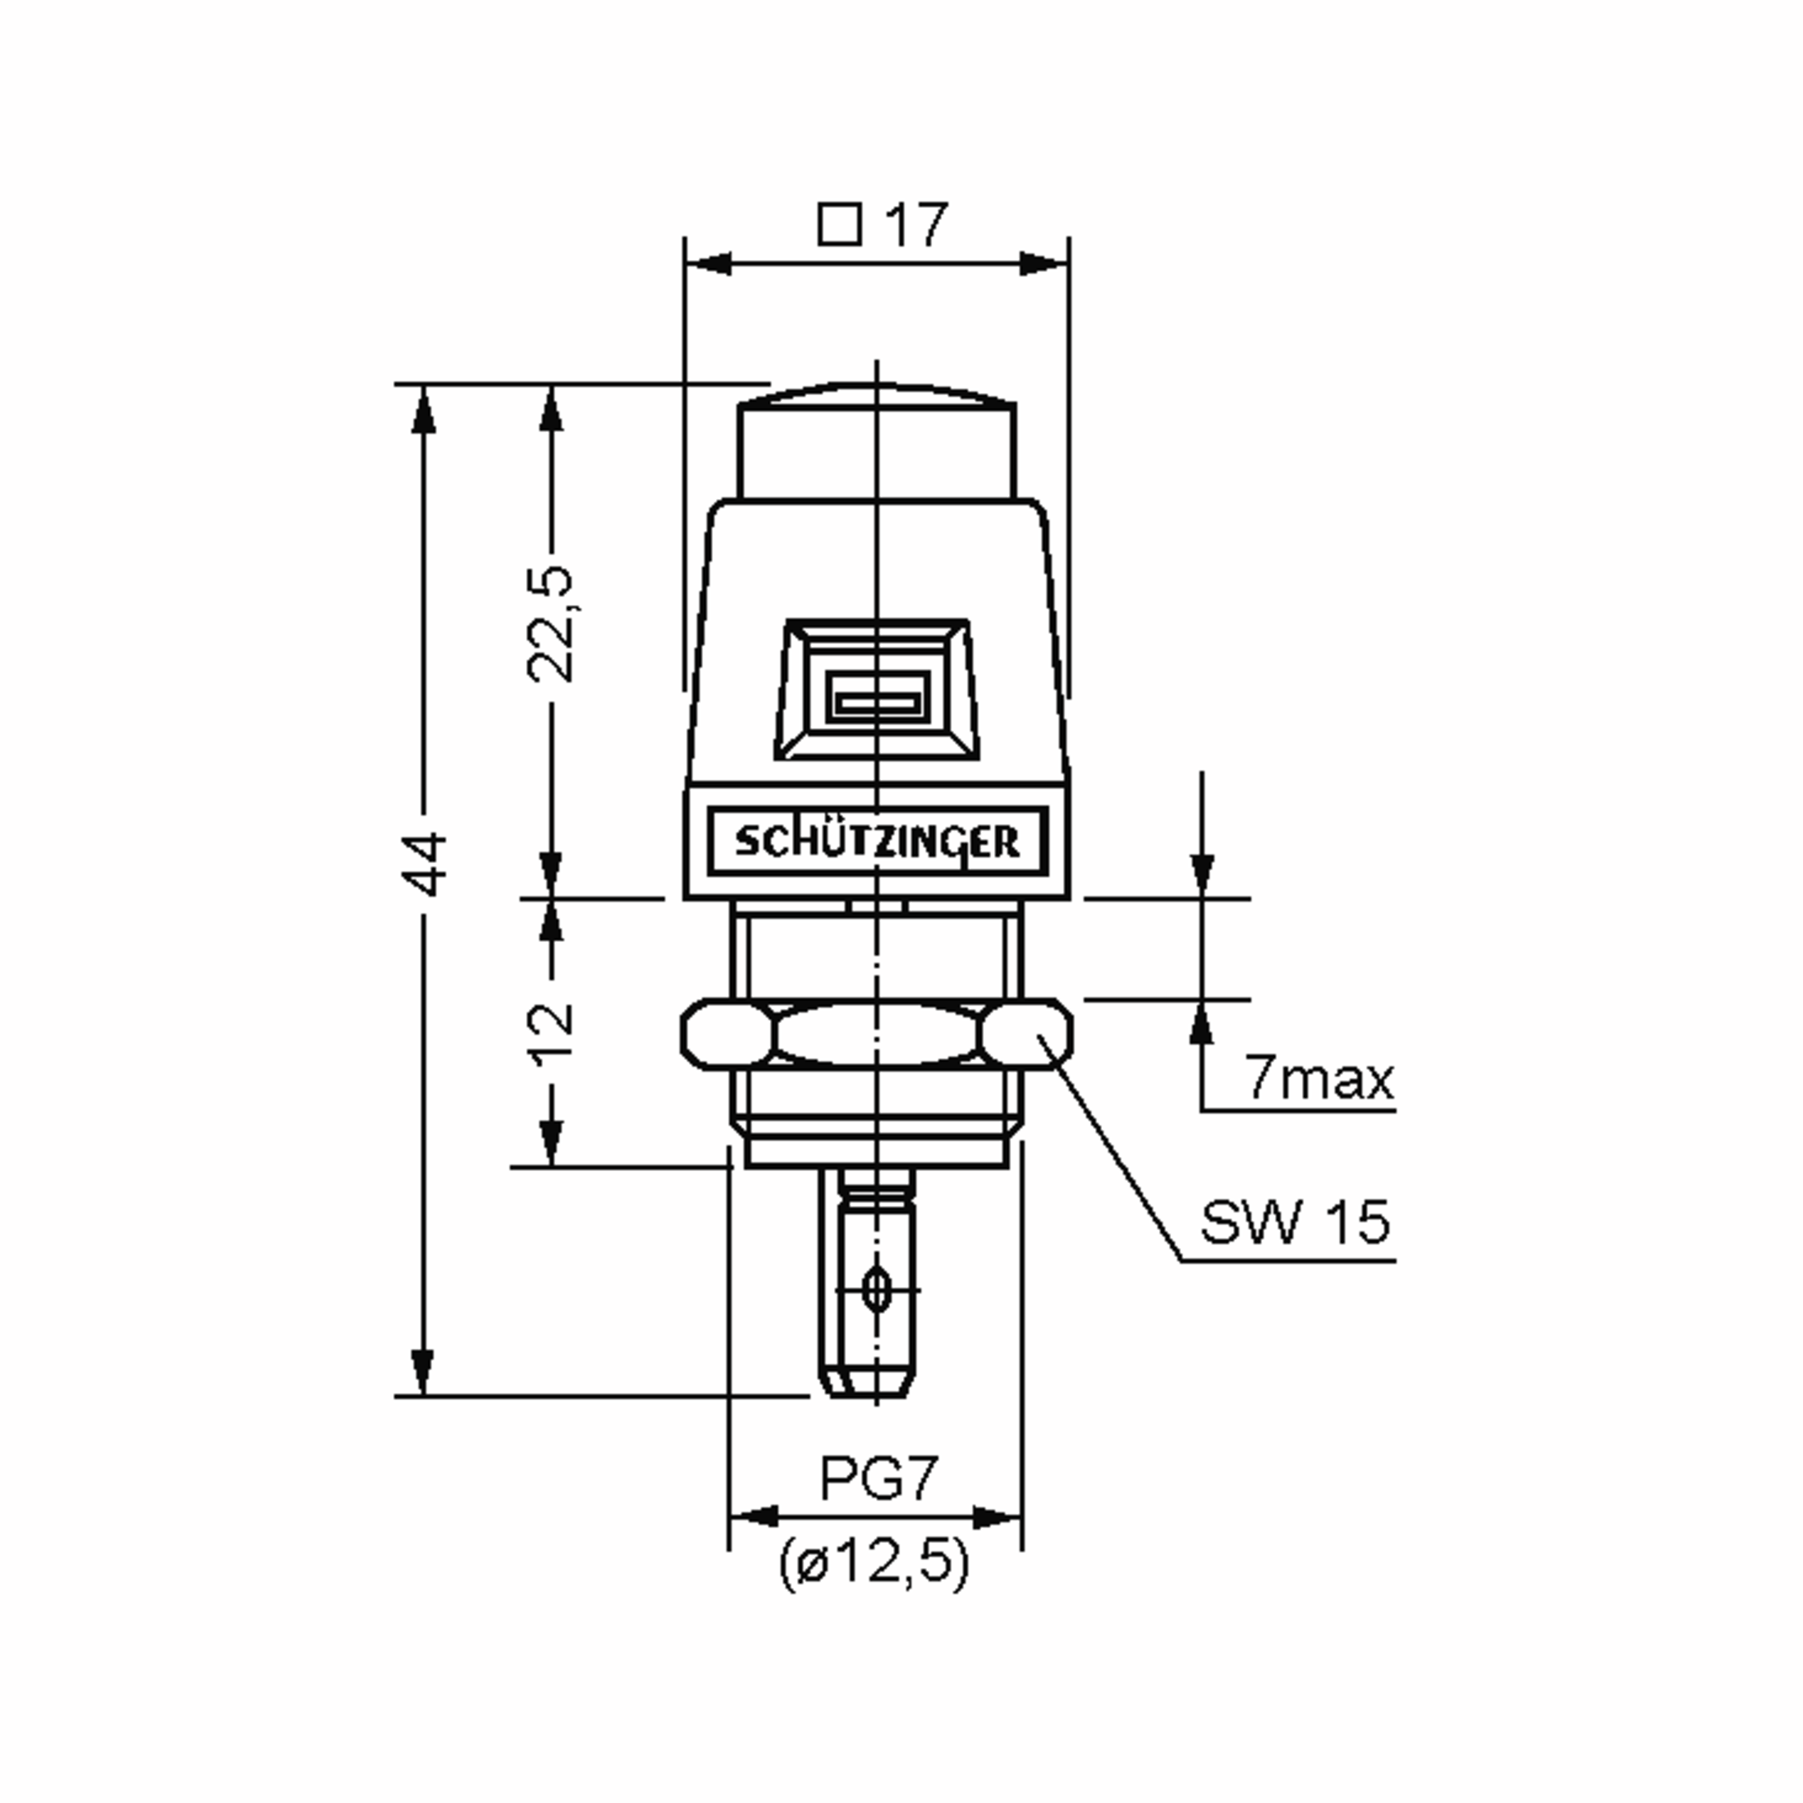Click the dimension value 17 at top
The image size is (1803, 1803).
(917, 225)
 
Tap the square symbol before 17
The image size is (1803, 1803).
(839, 225)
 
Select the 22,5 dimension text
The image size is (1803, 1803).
(550, 623)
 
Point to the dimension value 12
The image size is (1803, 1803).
(551, 1034)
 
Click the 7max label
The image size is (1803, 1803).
(1318, 1079)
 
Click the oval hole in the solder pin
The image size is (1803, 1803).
(875, 1290)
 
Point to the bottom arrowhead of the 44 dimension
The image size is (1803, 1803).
(423, 1373)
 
